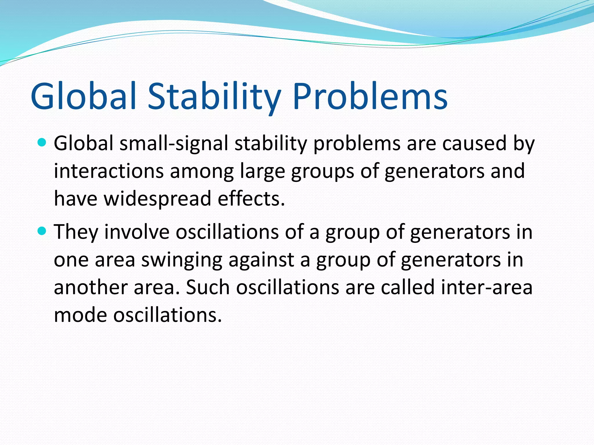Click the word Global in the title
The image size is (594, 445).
point(83,96)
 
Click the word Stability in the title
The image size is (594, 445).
point(214,96)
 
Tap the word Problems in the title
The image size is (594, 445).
point(370,96)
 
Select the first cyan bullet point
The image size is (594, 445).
point(42,142)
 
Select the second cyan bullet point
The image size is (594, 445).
point(42,231)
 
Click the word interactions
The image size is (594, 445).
point(109,171)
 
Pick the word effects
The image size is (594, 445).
point(251,199)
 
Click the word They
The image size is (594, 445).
point(76,232)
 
